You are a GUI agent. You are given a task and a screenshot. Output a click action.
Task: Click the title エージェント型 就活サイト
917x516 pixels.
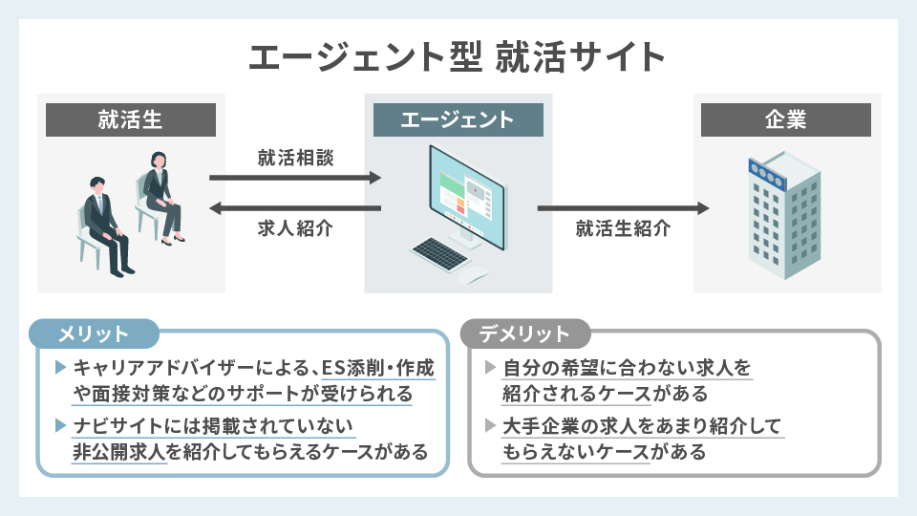(x=458, y=56)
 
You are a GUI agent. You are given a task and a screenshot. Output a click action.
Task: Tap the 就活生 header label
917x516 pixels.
(x=130, y=119)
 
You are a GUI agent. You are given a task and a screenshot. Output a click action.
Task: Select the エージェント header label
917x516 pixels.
(x=458, y=119)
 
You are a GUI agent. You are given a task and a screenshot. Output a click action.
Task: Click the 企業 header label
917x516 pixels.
(x=786, y=119)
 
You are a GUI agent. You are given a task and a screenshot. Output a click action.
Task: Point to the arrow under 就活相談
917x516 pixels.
(x=294, y=177)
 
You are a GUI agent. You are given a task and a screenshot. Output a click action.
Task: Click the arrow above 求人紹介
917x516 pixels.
(x=294, y=208)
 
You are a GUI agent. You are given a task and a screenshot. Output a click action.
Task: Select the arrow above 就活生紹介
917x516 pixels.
(x=623, y=208)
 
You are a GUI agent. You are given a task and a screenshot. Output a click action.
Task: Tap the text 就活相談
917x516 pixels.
(x=295, y=156)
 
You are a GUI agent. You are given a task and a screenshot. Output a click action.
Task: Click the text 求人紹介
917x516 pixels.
(x=295, y=229)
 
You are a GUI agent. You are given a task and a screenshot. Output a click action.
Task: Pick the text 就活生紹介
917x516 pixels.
(x=623, y=229)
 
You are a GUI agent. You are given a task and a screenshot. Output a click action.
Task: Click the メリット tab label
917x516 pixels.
(x=94, y=333)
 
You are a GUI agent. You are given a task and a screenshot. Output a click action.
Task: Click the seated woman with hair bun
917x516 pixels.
(x=159, y=196)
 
